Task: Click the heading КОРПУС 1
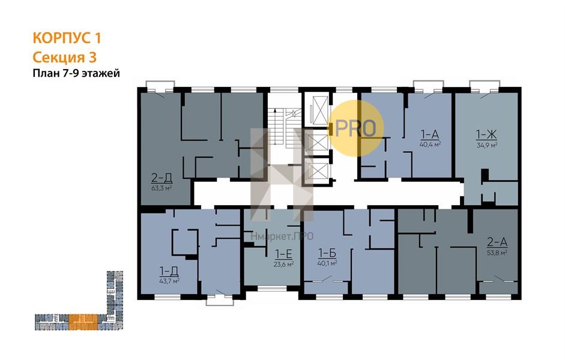67,38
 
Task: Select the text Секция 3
64,57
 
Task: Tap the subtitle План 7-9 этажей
76,73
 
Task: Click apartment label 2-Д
162,178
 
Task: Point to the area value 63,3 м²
162,188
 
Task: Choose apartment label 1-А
430,134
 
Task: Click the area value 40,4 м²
431,145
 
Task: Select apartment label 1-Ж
486,134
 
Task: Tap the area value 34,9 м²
487,145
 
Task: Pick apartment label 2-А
497,242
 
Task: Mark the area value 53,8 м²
497,253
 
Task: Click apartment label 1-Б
327,253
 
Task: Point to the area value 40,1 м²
327,263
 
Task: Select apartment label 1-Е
283,254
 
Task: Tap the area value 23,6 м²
283,264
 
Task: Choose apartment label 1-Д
169,271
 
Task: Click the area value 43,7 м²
169,281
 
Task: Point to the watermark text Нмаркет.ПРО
282,236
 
